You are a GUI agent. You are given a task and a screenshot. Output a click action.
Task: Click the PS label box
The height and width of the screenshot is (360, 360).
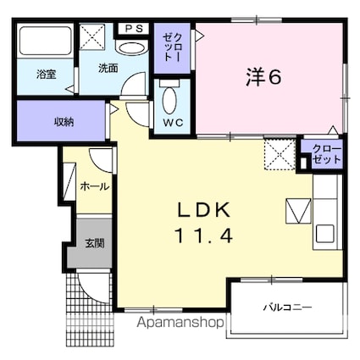133,29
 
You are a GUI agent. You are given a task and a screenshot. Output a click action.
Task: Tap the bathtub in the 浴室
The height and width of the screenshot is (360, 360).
46,42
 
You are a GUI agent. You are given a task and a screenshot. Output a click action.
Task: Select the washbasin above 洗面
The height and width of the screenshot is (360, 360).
132,48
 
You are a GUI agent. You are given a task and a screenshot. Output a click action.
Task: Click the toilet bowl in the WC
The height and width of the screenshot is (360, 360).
170,100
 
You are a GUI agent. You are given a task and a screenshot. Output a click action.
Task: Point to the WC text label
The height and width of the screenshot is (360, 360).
174,123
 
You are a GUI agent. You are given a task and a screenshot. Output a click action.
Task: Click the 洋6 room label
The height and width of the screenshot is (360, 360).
263,77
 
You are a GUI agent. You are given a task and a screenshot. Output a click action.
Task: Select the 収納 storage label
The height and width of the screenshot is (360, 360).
64,122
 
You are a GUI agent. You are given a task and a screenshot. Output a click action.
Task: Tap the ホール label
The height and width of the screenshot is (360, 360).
95,186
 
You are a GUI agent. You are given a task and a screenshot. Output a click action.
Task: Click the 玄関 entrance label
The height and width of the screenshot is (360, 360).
95,243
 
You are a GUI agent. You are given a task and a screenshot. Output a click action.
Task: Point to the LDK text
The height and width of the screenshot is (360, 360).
204,210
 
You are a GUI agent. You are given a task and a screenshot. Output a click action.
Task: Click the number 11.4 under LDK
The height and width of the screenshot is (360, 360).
204,236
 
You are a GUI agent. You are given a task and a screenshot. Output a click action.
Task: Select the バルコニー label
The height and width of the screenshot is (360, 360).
287,307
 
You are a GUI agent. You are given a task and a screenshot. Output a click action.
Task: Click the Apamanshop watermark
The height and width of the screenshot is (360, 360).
180,323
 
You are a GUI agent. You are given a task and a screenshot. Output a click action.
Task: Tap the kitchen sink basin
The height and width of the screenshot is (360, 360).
325,234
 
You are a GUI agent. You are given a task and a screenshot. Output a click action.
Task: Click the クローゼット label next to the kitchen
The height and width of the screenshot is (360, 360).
327,154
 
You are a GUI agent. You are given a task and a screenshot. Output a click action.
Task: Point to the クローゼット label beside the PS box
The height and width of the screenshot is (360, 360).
172,47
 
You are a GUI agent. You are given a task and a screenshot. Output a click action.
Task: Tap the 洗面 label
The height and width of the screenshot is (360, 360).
108,69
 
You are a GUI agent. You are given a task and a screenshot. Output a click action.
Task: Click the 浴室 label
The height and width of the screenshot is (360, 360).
47,75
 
